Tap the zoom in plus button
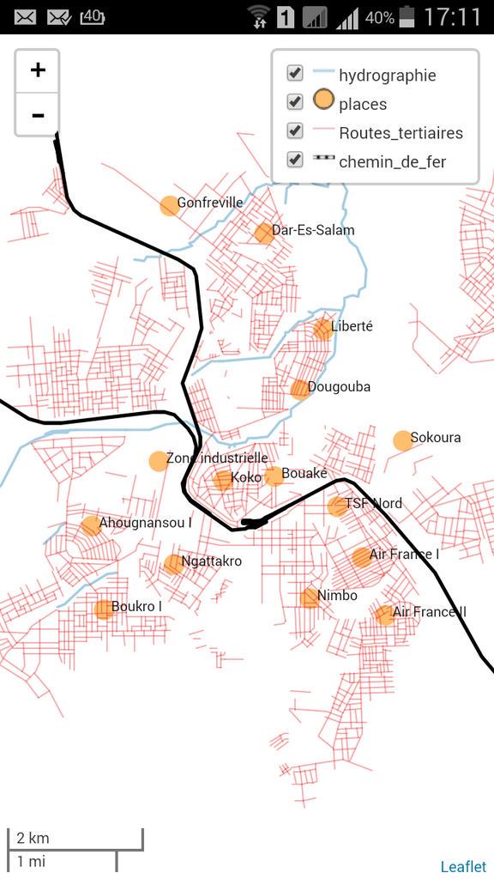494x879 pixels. point(37,70)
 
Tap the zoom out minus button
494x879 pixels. point(37,115)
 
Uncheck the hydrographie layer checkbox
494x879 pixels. point(295,74)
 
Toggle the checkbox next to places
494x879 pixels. point(295,102)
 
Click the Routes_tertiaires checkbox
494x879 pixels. point(295,131)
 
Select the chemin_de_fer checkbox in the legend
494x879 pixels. point(295,160)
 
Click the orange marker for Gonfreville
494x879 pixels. point(169,206)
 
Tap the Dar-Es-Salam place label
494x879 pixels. point(312,230)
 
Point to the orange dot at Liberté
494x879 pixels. point(322,329)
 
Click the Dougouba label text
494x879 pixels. point(339,387)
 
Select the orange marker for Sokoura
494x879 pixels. point(402,440)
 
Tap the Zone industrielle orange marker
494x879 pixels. point(159,461)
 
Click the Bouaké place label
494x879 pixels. point(304,474)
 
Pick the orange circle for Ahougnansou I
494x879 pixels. point(90,525)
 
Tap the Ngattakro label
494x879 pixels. point(211,561)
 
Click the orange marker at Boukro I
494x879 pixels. point(103,609)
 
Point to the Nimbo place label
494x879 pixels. point(337,596)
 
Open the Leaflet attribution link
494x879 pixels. point(463,867)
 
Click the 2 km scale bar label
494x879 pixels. point(33,839)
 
